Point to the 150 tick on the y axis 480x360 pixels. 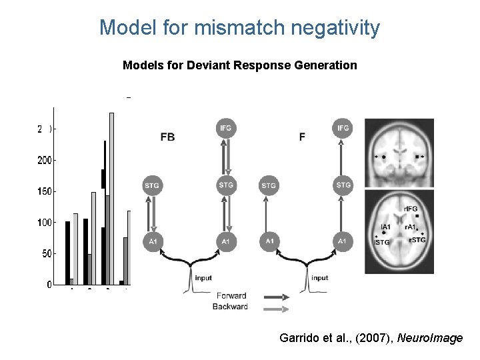(x=45, y=191)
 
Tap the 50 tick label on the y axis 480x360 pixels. (x=47, y=254)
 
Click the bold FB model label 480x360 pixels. (x=169, y=137)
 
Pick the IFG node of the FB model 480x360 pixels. (x=226, y=127)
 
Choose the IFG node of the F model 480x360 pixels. (x=343, y=127)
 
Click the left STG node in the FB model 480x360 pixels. (x=151, y=185)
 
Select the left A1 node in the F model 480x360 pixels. (x=269, y=241)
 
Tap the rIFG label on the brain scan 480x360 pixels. (x=411, y=209)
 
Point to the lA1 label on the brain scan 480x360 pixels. (x=385, y=227)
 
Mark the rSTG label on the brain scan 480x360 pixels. (x=417, y=240)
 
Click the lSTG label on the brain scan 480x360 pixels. (x=382, y=243)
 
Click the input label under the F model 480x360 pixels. (x=320, y=277)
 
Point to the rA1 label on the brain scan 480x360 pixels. (x=411, y=227)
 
